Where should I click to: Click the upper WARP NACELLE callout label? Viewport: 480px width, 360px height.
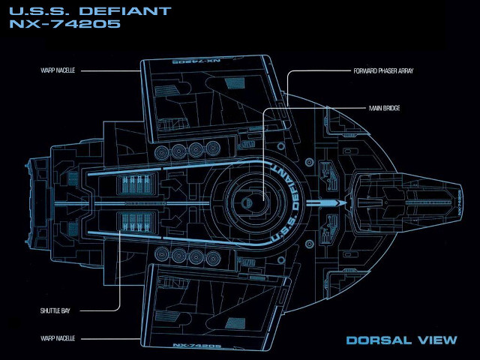click(57, 71)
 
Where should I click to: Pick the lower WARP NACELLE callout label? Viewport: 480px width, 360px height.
click(57, 338)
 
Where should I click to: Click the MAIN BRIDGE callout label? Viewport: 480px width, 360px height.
click(384, 109)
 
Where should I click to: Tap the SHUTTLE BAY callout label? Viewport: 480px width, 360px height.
click(54, 309)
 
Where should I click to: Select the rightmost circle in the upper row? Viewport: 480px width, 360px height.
click(216, 150)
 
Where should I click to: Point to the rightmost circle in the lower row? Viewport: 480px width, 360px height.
click(216, 256)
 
